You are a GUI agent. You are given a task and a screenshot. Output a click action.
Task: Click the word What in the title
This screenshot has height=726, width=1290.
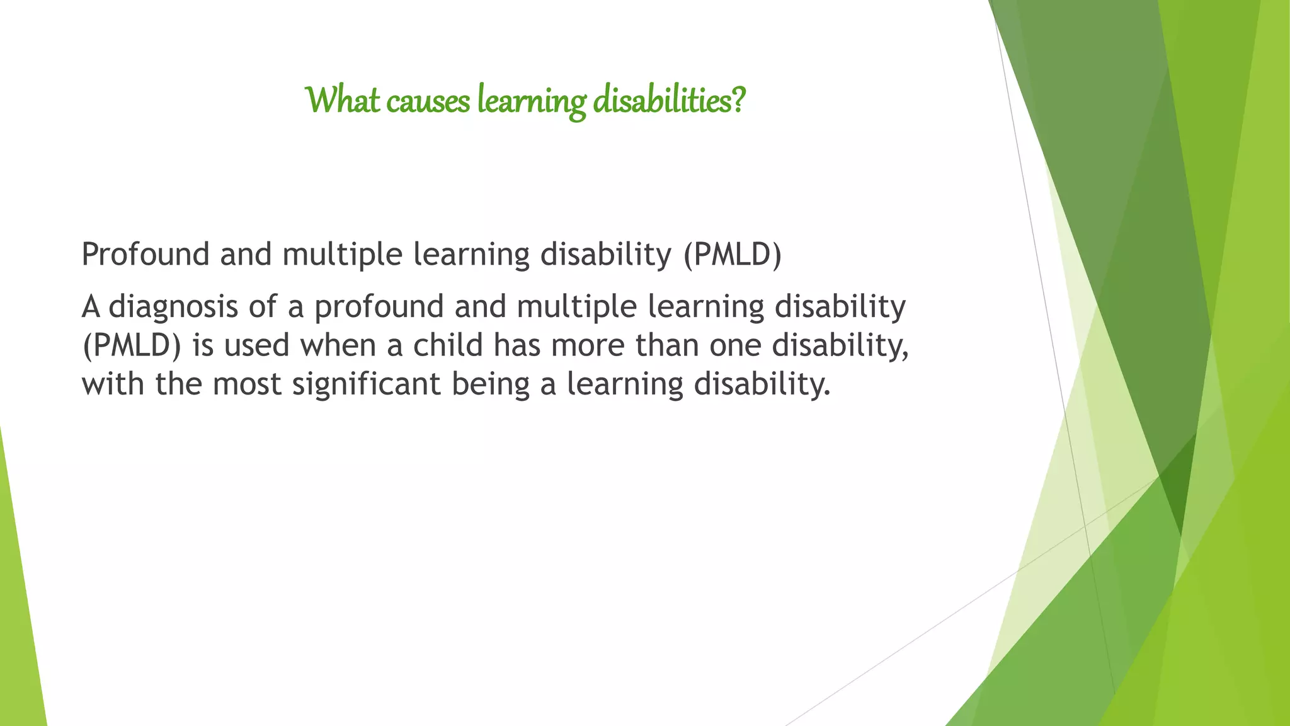343,100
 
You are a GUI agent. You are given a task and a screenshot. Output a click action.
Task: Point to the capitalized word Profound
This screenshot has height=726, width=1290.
146,255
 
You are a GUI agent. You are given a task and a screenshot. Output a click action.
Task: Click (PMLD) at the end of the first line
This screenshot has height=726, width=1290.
733,255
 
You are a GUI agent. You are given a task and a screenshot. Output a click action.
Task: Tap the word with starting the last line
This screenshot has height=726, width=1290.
113,384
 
